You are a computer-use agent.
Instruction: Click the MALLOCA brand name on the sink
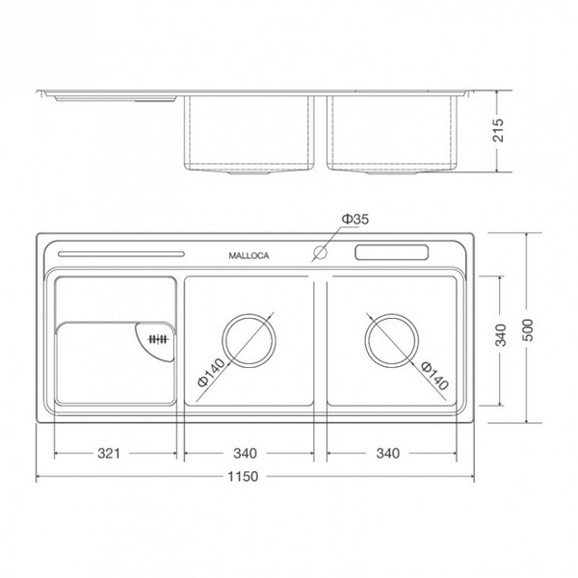tap(249, 256)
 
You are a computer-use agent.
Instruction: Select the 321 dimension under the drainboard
tap(114, 453)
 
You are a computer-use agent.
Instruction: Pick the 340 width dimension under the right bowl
tap(390, 453)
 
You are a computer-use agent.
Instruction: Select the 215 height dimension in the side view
tap(498, 132)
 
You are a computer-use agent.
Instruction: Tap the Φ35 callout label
tap(355, 221)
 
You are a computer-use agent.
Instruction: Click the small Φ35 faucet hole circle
tap(318, 255)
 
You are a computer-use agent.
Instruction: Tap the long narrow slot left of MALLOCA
tap(121, 254)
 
